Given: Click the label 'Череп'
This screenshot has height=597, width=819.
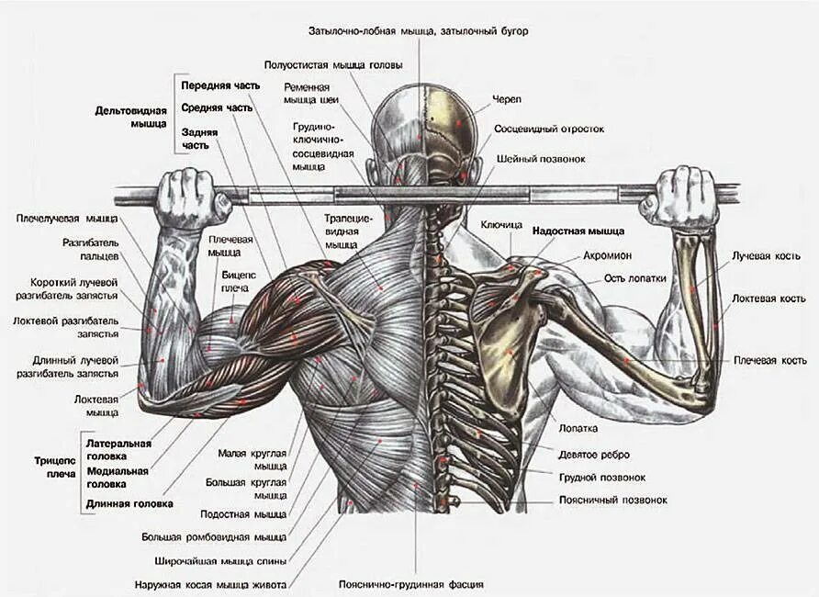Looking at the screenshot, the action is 507,98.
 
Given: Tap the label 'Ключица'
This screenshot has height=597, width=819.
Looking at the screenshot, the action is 501,224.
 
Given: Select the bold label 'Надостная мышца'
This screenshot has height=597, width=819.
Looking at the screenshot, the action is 578,231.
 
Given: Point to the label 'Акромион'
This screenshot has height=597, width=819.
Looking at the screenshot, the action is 605,255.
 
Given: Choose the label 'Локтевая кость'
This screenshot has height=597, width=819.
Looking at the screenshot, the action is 769,298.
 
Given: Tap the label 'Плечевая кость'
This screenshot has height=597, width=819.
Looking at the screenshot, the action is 769,360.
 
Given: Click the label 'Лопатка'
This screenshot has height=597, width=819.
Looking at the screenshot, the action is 578,428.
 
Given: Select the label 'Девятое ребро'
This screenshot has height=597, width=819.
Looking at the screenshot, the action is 594,454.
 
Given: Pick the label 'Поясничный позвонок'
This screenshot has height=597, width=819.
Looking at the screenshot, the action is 613,501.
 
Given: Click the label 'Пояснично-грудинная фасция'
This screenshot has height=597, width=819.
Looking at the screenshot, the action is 410,584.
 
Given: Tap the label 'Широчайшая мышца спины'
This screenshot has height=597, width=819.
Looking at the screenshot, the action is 214,560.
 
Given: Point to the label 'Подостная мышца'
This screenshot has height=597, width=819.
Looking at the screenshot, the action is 243,514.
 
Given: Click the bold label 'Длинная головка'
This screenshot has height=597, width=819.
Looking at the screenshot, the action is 129,503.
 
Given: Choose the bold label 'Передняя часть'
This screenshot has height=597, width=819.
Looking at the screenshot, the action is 214,85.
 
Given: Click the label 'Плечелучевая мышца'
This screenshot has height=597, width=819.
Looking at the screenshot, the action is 67,219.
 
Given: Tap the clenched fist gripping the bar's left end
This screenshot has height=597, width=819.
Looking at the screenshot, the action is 190,197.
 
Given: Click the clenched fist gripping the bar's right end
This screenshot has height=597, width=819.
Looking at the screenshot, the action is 680,196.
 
